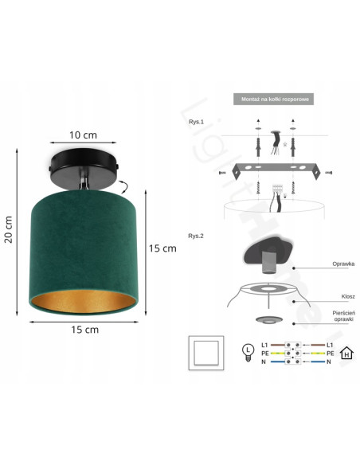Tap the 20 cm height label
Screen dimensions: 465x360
9,231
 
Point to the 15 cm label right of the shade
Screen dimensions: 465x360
162,248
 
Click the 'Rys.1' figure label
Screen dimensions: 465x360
197,121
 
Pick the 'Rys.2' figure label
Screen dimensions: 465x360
197,236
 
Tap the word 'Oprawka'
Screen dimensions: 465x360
343,263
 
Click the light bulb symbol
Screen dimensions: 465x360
248,350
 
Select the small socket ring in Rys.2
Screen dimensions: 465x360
268,319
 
